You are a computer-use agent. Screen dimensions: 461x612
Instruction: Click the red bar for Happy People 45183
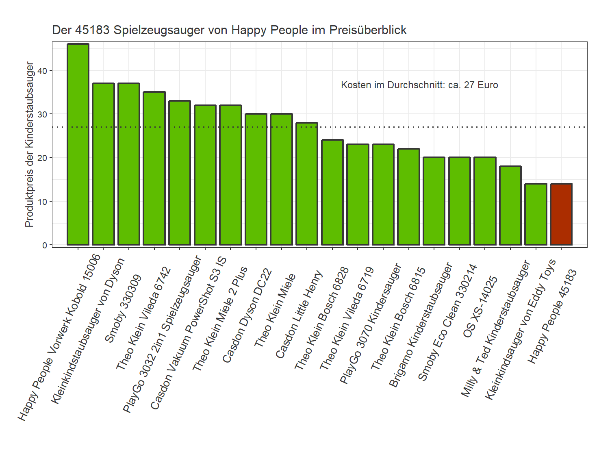tap(561, 214)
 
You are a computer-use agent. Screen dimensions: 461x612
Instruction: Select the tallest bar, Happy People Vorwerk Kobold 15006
tap(78, 144)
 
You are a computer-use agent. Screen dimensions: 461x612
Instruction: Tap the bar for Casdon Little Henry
tap(307, 184)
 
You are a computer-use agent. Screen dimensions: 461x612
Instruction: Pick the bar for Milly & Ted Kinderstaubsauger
tap(510, 205)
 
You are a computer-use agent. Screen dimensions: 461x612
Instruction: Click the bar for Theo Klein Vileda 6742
tap(154, 168)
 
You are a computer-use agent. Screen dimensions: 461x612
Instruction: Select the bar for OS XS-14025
tap(485, 201)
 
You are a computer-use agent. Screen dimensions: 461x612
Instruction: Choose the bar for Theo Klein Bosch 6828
tap(332, 192)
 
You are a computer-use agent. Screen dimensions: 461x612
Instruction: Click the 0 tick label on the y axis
tap(45, 245)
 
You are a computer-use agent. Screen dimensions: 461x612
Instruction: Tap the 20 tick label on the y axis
tap(42, 158)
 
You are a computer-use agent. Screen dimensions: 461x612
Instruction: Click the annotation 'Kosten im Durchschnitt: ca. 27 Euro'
tap(419, 85)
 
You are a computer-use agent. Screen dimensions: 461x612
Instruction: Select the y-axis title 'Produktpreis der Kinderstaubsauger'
tap(29, 144)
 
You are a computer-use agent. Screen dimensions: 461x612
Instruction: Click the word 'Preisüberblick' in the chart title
tap(368, 30)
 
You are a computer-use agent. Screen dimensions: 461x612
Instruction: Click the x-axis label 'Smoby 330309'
tap(123, 309)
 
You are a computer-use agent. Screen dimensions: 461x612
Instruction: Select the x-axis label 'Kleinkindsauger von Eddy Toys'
tap(521, 329)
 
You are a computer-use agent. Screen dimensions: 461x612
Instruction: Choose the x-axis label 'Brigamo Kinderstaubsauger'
tap(421, 325)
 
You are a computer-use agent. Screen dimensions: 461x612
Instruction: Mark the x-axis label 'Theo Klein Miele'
tap(275, 311)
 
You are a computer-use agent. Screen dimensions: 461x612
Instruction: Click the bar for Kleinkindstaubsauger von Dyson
tap(103, 164)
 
